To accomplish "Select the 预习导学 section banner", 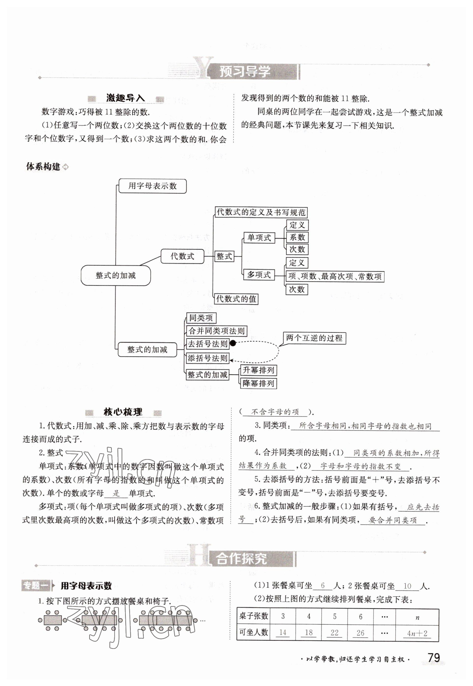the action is tap(245, 72).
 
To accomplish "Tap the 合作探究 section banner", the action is tap(241, 558).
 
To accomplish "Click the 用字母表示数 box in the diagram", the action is tap(152, 186).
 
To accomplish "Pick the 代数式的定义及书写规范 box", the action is tap(261, 212).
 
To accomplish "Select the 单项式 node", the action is tap(259, 237).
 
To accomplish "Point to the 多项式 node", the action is tap(259, 275).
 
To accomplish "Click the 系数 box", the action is tap(297, 237).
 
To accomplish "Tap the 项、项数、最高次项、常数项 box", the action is tap(335, 277).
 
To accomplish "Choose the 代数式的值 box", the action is tap(236, 299).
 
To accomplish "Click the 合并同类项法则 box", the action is tap(216, 331).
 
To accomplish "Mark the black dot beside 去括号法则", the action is tap(233, 343).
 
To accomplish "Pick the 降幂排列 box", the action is tap(258, 383).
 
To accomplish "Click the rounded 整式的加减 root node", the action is tap(115, 276).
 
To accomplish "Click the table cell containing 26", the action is tap(360, 633).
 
